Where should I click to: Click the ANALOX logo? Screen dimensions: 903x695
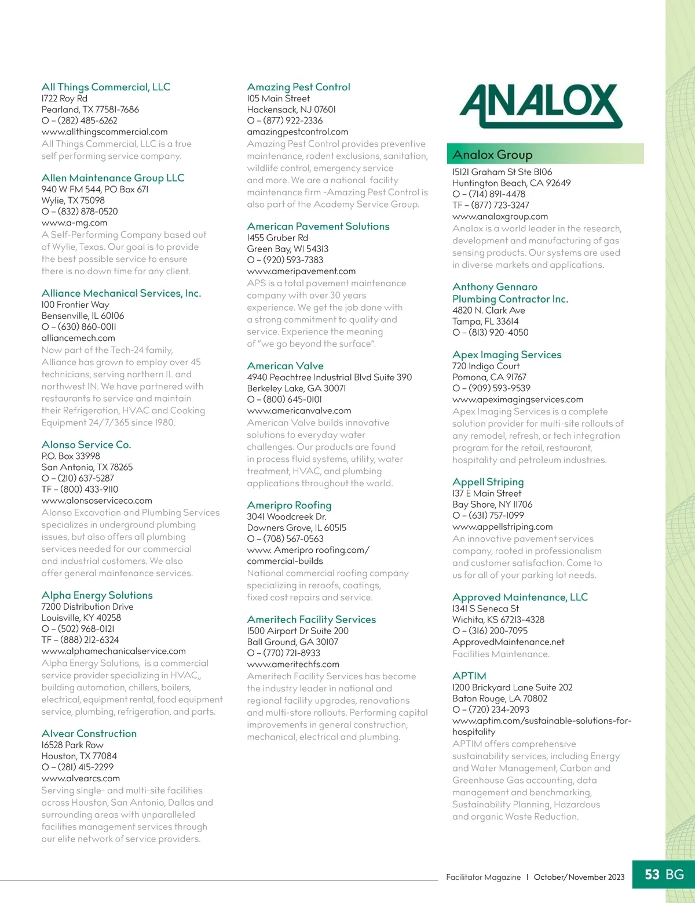point(540,106)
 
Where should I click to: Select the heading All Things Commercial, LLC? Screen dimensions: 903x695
point(106,87)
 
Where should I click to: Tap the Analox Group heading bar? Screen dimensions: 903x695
point(545,155)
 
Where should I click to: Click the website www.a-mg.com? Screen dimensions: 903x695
point(74,223)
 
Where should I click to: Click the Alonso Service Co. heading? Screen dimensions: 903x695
point(86,445)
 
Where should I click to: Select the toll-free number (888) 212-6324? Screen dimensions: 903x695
point(89,640)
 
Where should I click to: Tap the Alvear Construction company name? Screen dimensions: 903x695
point(89,733)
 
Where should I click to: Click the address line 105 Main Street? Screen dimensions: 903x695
point(279,99)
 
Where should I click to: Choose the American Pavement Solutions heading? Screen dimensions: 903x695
point(318,226)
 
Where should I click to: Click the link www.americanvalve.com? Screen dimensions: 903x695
point(299,410)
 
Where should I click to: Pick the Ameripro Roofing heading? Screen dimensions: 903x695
point(289,505)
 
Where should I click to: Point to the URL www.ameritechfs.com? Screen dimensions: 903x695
point(293,664)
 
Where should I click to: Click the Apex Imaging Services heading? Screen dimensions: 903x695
point(507,355)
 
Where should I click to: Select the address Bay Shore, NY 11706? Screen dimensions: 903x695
point(492,504)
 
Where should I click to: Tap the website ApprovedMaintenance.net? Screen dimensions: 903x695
point(508,642)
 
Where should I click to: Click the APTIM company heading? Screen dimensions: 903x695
point(469,676)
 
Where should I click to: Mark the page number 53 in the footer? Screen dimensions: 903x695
point(652,875)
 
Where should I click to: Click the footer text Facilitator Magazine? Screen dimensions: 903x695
point(483,877)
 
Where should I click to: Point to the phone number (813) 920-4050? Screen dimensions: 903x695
point(498,333)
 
